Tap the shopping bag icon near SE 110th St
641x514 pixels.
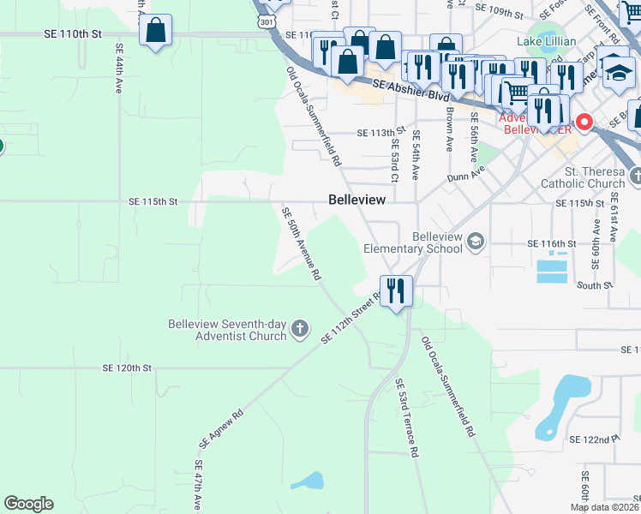pyautogui.click(x=156, y=32)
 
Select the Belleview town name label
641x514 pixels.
pyautogui.click(x=356, y=199)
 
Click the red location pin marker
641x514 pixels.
pyautogui.click(x=584, y=123)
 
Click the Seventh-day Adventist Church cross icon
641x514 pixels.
pyautogui.click(x=299, y=329)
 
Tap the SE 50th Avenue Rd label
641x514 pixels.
pyautogui.click(x=302, y=243)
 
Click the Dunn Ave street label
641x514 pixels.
pyautogui.click(x=466, y=175)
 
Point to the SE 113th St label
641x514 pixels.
pyautogui.click(x=380, y=133)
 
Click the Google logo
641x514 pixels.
pyautogui.click(x=28, y=504)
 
